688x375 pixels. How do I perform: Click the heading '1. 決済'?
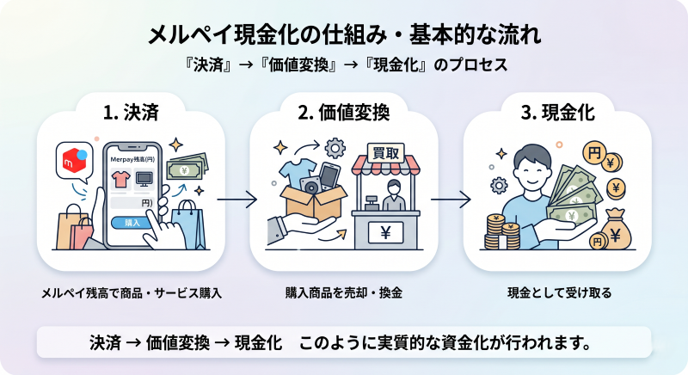(132, 113)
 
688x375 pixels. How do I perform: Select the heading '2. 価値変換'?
(344, 113)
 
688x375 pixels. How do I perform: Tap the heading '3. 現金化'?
(557, 113)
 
